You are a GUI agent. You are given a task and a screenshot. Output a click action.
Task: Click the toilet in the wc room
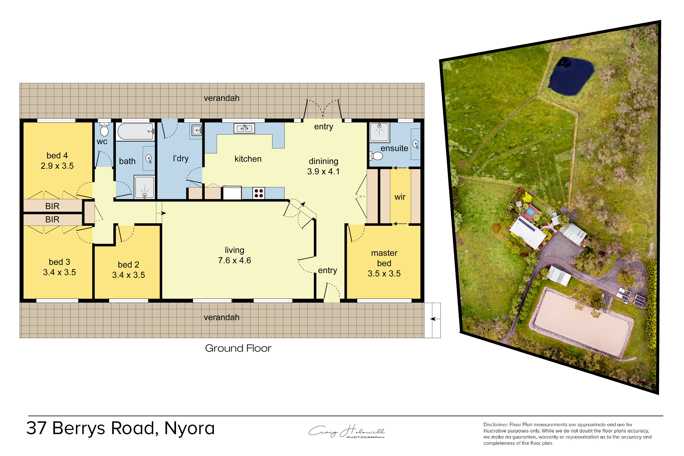(x=104, y=129)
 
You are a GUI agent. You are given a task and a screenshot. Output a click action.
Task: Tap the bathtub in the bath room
(x=135, y=132)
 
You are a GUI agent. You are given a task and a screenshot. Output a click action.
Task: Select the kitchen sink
(x=244, y=128)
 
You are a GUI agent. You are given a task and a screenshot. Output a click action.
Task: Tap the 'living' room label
(x=234, y=250)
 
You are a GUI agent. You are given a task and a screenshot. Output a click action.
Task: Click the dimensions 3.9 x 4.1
(x=323, y=171)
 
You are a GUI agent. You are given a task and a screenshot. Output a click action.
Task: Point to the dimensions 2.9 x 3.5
(x=57, y=166)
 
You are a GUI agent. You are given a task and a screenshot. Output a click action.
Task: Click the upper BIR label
(x=52, y=206)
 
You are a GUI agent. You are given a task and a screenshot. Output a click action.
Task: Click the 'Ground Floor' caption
(x=238, y=348)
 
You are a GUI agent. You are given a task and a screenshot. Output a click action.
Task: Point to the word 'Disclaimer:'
(x=495, y=425)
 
